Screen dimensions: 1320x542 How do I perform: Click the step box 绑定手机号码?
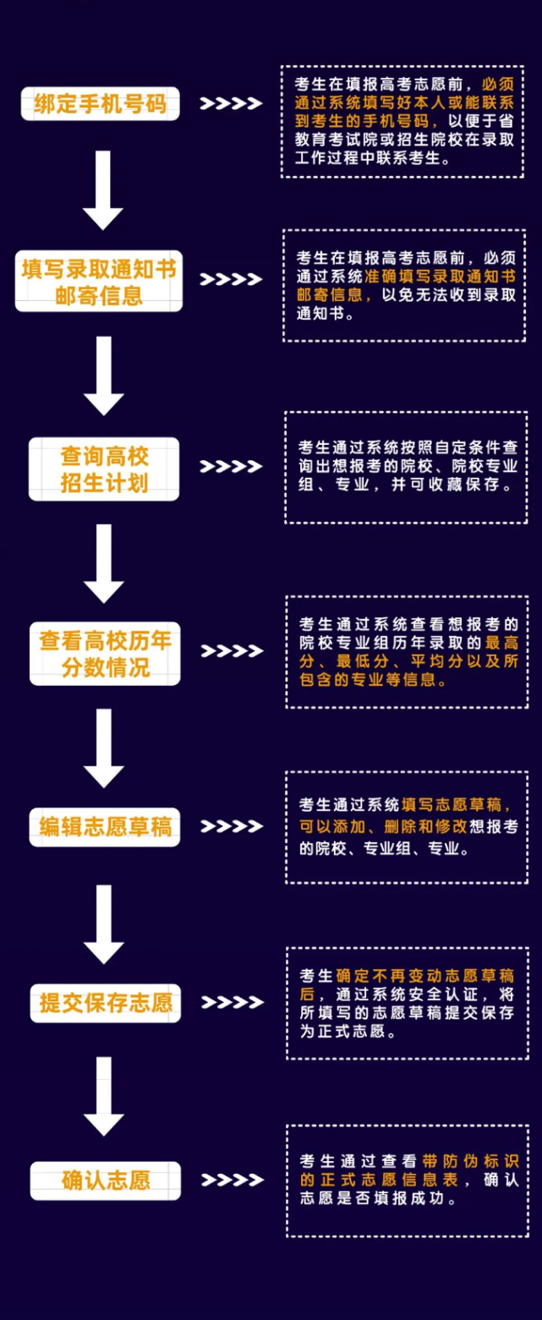pos(101,104)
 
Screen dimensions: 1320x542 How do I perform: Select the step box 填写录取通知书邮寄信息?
pos(99,282)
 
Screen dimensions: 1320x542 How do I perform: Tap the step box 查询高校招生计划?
pos(104,469)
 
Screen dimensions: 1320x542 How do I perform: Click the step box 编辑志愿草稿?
pos(105,826)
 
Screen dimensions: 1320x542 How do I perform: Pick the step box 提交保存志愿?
pos(105,1003)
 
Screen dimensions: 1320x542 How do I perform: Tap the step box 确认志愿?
pos(105,1180)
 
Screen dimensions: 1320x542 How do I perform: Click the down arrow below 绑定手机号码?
pos(103,189)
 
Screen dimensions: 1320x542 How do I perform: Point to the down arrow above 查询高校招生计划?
pos(104,375)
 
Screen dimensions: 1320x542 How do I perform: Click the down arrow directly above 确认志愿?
pos(104,1096)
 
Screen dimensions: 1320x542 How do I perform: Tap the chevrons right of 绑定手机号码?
pos(231,104)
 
